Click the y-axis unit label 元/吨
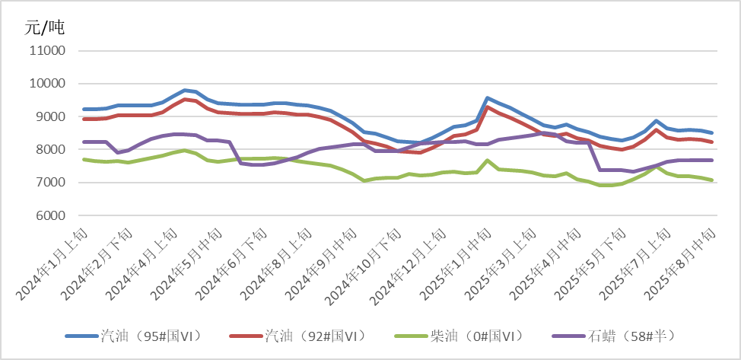[45, 28]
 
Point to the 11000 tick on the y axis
[47, 51]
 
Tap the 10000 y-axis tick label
[47, 84]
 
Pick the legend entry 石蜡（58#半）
[632, 335]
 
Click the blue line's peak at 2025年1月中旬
[487, 98]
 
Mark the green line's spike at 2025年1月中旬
[487, 161]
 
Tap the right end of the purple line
[711, 160]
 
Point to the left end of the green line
[84, 159]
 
